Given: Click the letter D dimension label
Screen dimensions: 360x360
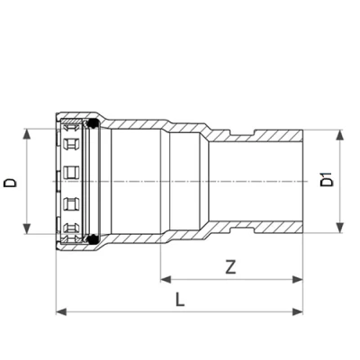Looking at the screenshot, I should coord(11,181).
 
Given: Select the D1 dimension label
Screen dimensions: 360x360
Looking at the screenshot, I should coord(326,180).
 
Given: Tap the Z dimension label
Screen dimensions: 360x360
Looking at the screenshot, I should coord(231,266).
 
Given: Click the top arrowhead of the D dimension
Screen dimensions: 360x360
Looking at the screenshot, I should coord(28,133).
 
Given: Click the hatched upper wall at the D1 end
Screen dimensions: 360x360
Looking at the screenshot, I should coord(270,134).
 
